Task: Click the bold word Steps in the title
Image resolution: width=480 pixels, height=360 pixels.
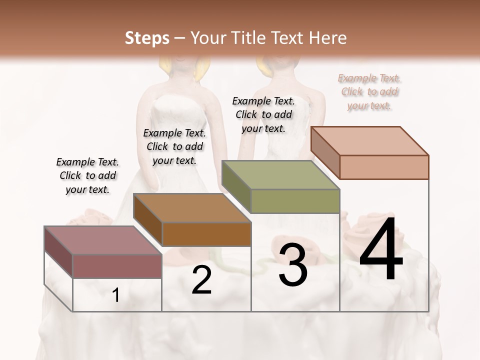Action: tap(147, 38)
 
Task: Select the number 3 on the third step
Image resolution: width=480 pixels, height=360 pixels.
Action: tap(292, 265)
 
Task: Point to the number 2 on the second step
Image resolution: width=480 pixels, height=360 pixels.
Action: tap(201, 280)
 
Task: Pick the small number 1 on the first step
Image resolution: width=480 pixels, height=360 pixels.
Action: tap(116, 295)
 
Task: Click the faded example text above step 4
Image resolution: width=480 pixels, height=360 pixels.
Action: tap(369, 92)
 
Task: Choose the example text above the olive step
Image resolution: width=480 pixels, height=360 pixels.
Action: tap(263, 114)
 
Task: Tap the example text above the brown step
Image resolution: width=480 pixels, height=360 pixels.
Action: tap(174, 146)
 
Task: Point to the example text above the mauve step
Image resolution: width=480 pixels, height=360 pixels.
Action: tap(87, 175)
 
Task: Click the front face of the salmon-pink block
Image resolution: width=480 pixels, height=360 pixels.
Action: tap(384, 167)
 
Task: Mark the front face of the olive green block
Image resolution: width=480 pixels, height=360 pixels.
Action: tap(295, 201)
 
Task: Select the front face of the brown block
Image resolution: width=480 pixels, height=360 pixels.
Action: tap(206, 234)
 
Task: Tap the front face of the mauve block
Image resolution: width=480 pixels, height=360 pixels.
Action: tap(117, 266)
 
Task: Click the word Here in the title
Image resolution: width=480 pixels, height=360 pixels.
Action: tap(328, 38)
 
